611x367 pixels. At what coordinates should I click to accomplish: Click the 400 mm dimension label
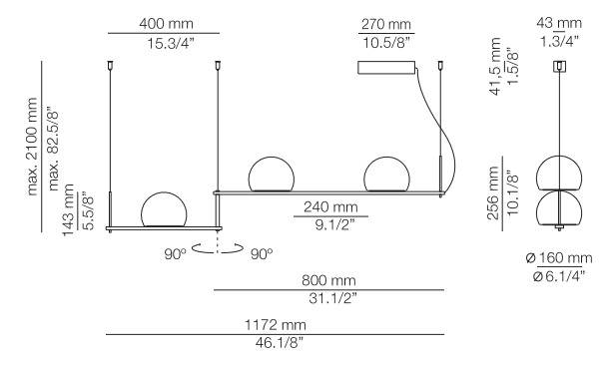pos(166,24)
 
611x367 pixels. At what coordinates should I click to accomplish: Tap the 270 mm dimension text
pos(385,24)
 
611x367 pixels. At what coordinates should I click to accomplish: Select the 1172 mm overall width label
pos(276,324)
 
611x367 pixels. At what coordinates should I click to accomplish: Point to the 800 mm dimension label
pos(328,280)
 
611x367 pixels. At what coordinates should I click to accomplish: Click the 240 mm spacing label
pos(330,206)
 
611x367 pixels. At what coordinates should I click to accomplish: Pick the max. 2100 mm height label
pos(32,147)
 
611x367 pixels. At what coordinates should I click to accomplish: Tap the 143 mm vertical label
pos(69,210)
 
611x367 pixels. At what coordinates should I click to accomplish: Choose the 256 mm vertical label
pos(493,193)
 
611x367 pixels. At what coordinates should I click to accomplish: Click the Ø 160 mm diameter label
pos(559,258)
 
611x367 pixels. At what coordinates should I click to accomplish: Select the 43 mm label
pos(559,23)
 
